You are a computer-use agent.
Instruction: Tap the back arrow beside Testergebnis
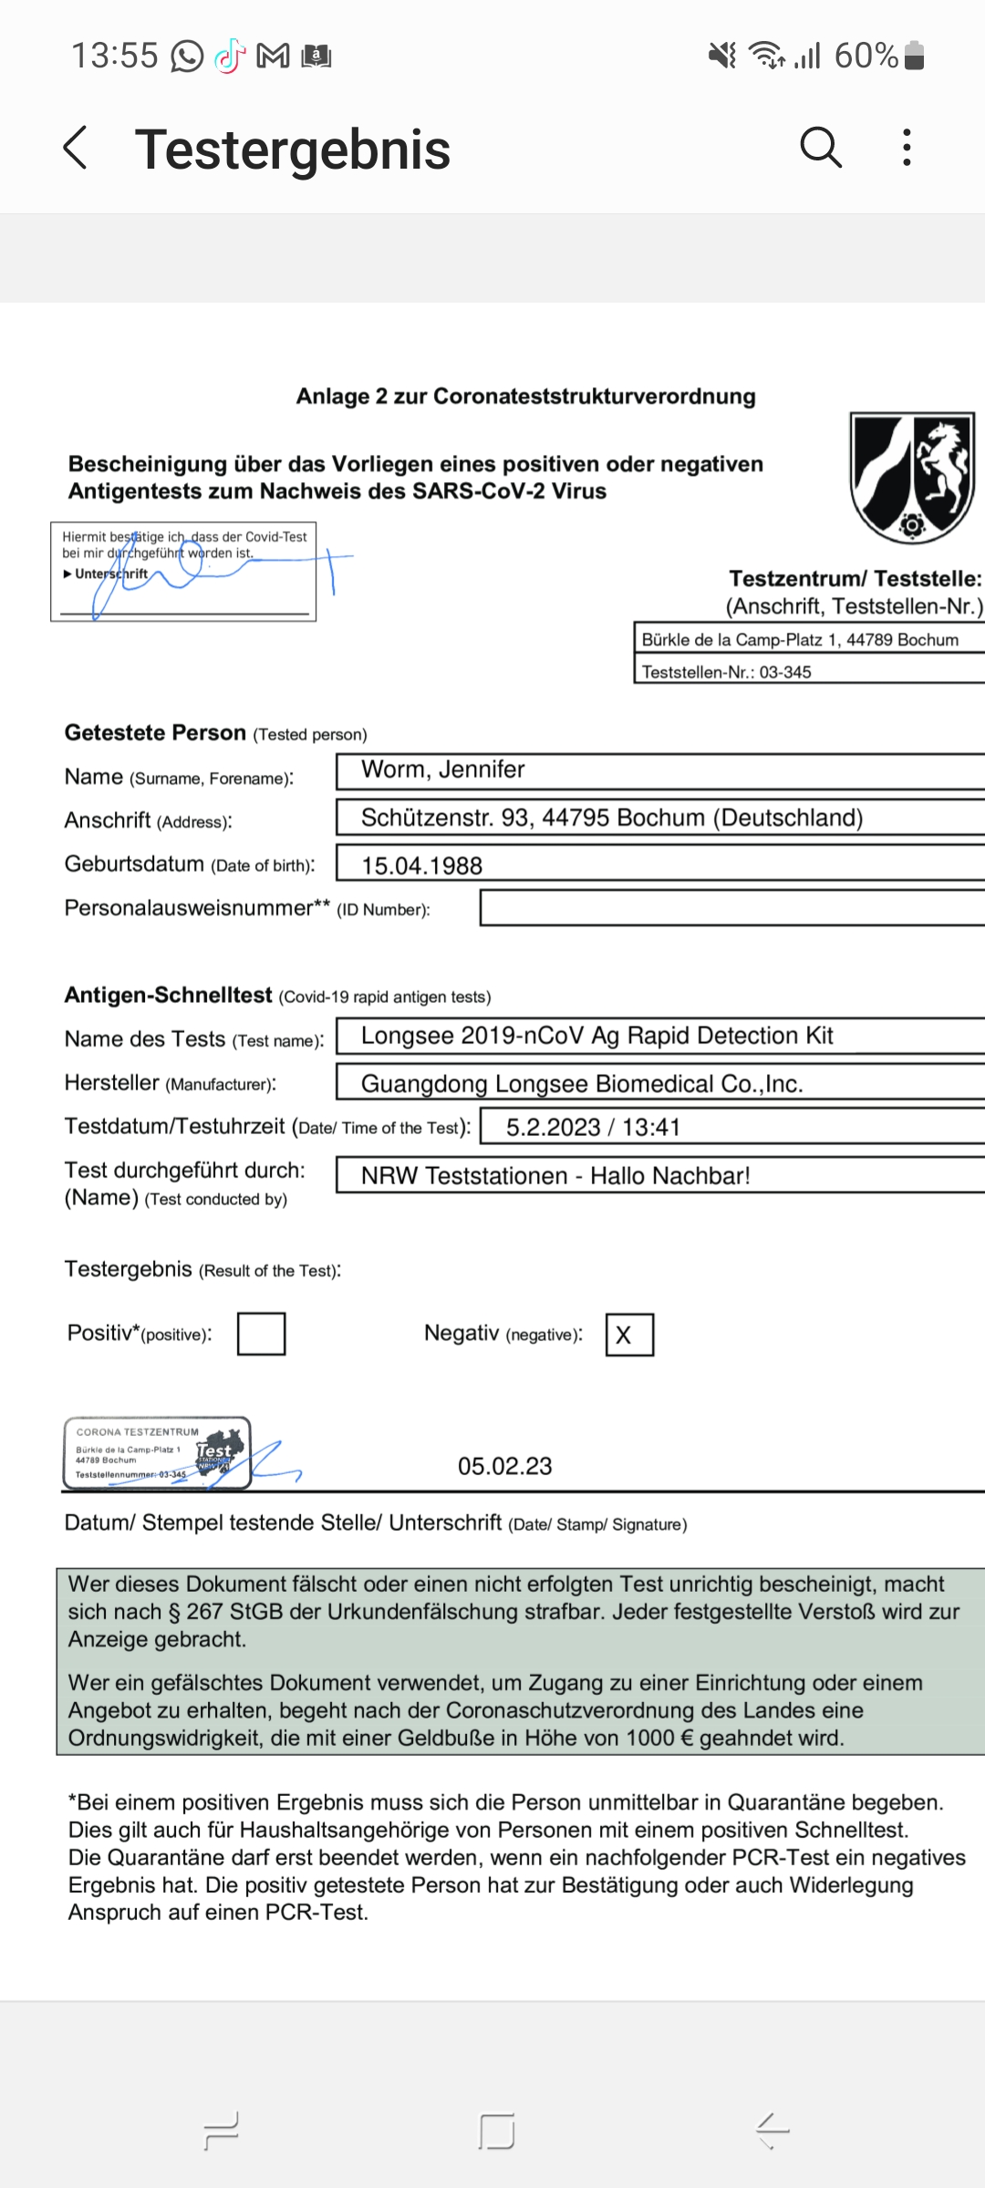(x=76, y=148)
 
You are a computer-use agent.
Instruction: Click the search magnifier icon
(x=820, y=147)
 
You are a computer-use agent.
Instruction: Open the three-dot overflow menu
(x=906, y=147)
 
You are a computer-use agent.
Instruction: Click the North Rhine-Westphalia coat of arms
(x=911, y=477)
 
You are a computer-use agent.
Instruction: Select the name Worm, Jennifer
(x=443, y=770)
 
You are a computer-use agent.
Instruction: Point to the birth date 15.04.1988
(x=422, y=865)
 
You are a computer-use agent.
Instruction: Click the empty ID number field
(x=730, y=908)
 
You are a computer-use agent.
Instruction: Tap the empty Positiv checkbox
(x=262, y=1334)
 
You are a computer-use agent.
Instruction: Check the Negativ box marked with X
(x=629, y=1335)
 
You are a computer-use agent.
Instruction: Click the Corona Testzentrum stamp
(x=158, y=1452)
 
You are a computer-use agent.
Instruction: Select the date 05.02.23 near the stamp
(x=505, y=1466)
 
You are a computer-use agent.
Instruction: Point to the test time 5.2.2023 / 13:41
(x=593, y=1128)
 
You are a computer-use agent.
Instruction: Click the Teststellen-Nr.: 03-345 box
(x=807, y=672)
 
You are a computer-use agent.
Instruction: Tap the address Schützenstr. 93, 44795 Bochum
(x=611, y=818)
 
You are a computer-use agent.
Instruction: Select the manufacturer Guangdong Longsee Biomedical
(x=582, y=1084)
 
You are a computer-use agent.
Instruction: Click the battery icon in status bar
(x=914, y=56)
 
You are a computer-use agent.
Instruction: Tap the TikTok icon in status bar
(x=230, y=57)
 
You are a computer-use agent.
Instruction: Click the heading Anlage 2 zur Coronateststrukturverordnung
(x=525, y=397)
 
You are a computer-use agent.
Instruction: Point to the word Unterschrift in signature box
(x=111, y=574)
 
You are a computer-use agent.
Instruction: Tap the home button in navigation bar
(x=496, y=2131)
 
